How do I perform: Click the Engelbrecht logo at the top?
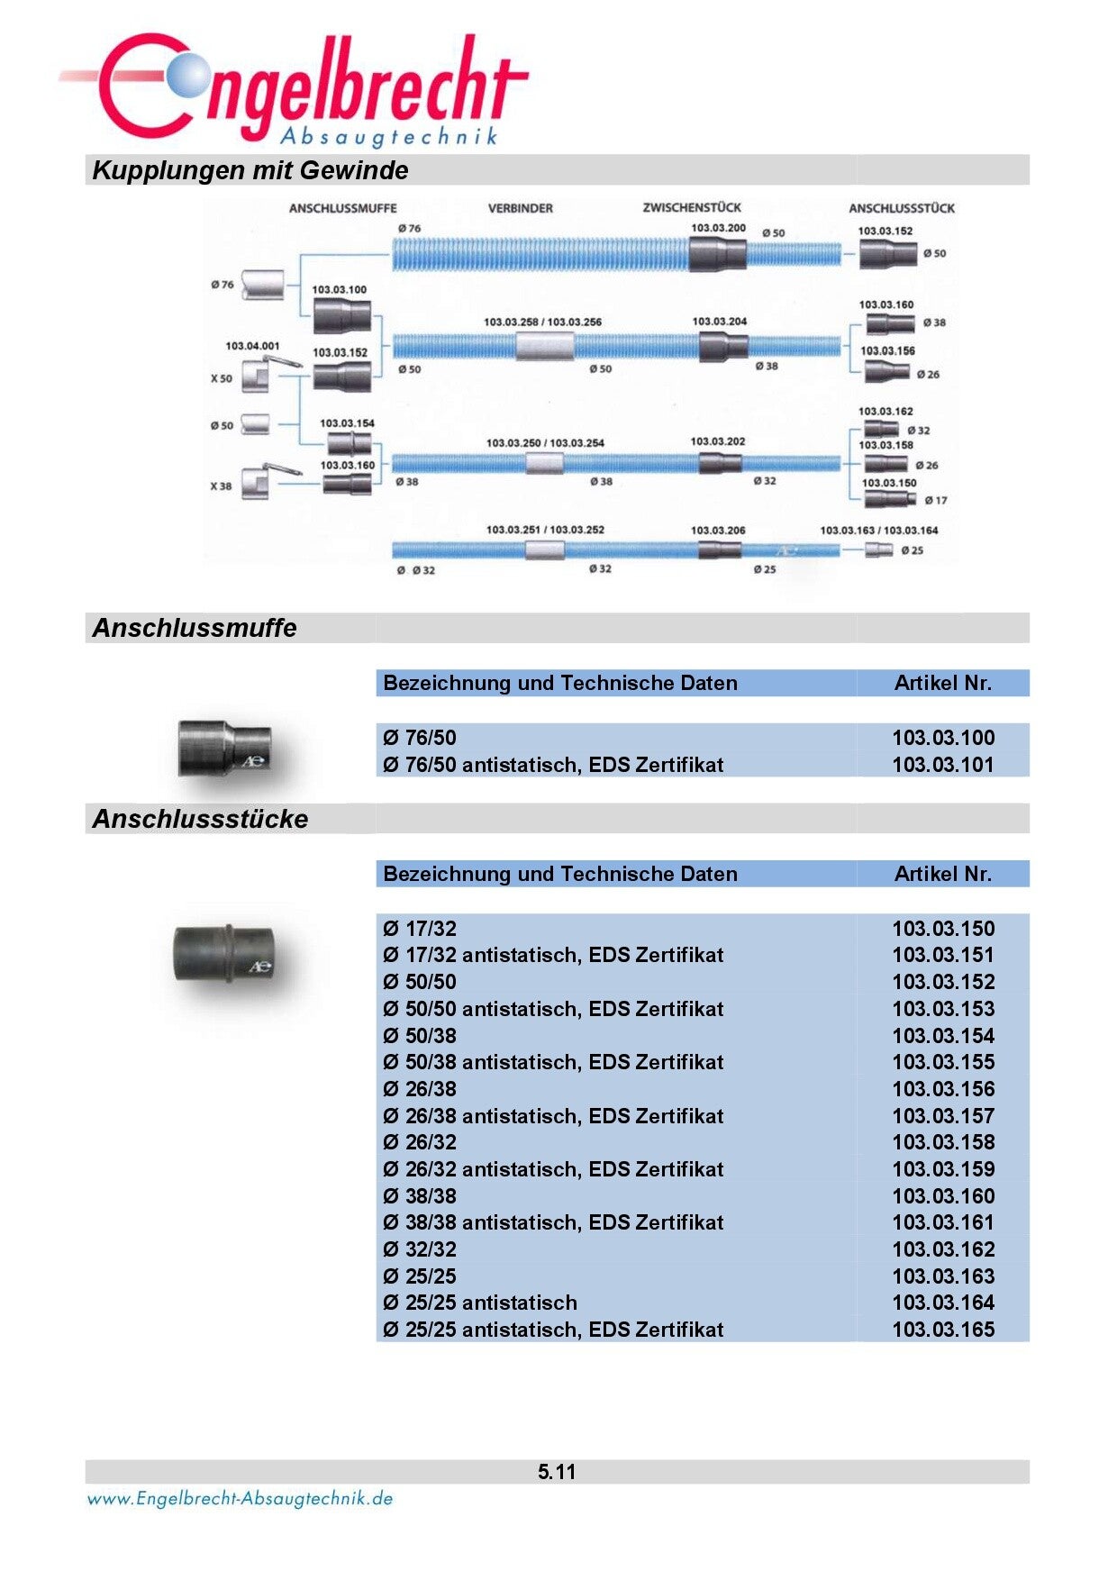[297, 90]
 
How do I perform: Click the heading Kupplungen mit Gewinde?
[250, 170]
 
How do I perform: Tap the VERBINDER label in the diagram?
[520, 208]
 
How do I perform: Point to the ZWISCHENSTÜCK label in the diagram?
[692, 207]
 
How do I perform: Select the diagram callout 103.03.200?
[718, 228]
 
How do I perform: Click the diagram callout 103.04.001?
[252, 346]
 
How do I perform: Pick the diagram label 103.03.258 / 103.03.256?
[542, 322]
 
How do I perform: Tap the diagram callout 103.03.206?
[718, 531]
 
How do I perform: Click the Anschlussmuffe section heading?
[195, 628]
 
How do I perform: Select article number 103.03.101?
[943, 765]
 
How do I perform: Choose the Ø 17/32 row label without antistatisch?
[420, 929]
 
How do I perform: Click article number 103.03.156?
[943, 1089]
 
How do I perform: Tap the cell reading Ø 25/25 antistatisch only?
[480, 1303]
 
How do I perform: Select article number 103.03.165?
[943, 1330]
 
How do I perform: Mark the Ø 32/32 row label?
[420, 1249]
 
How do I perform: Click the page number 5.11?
[557, 1472]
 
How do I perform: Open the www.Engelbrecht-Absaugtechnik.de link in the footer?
[240, 1499]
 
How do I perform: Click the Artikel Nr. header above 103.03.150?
[942, 874]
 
